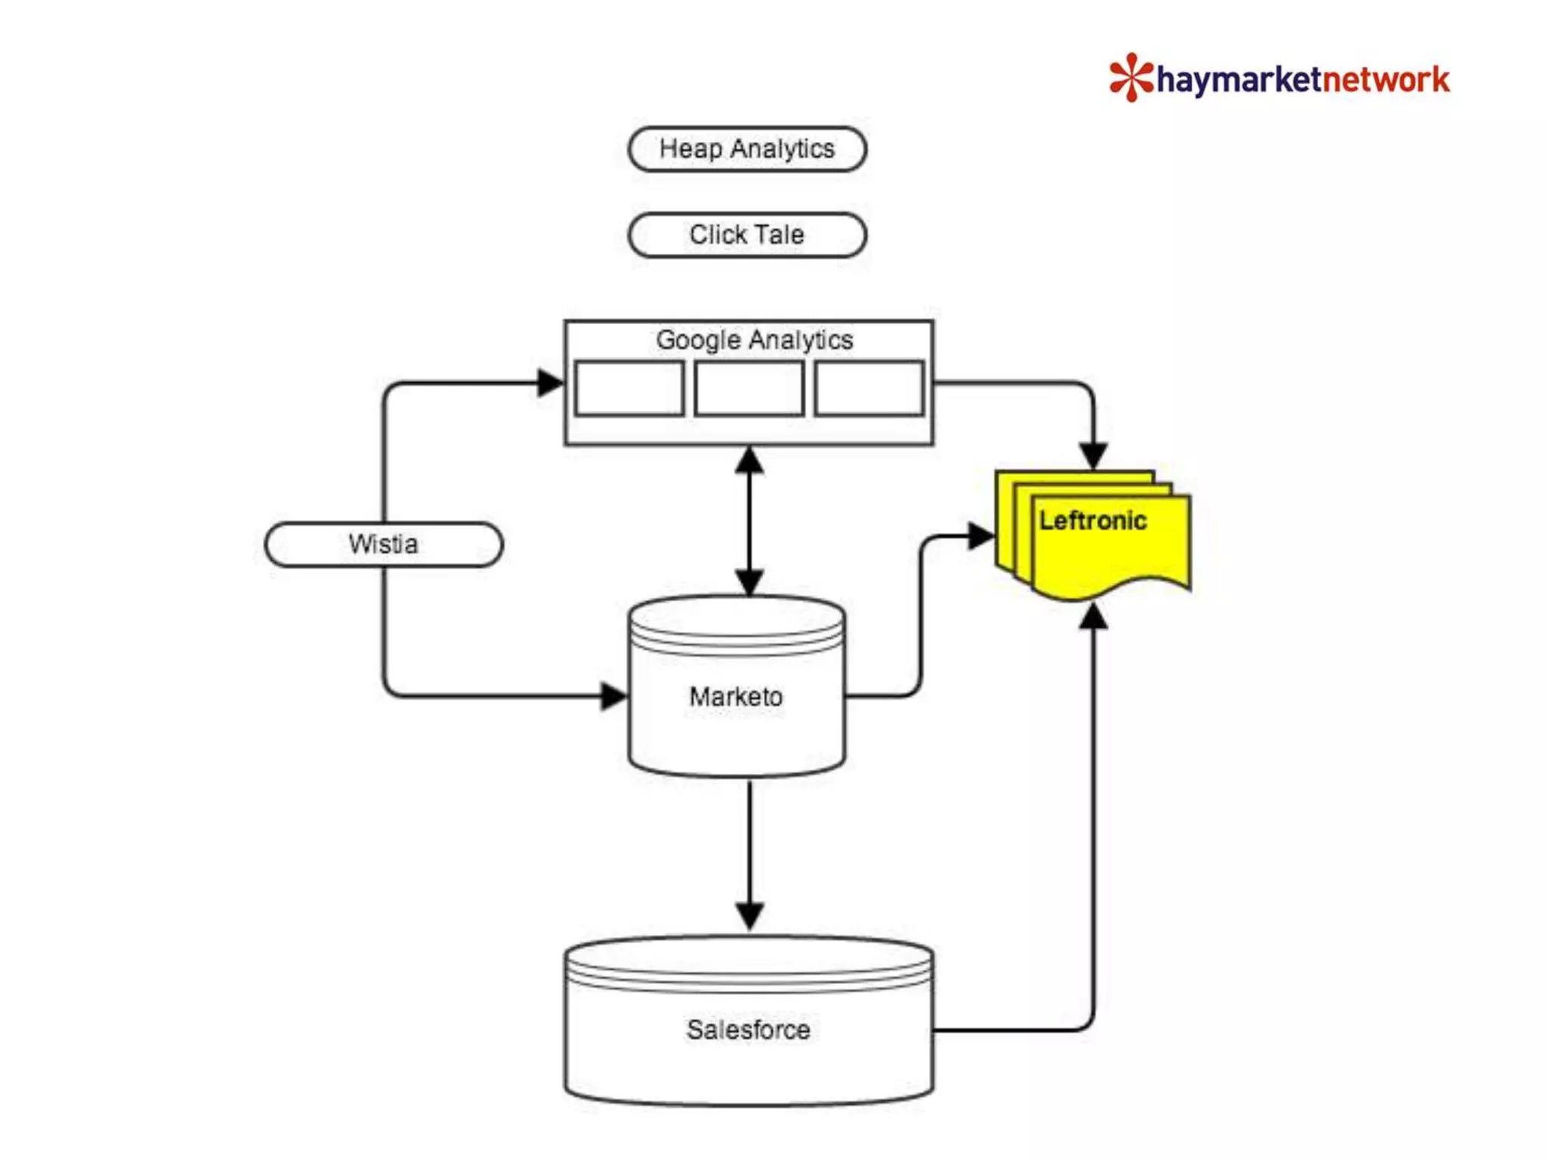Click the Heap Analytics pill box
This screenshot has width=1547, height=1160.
coord(746,149)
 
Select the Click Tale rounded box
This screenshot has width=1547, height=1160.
coord(746,235)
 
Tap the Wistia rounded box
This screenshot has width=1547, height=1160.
coord(383,544)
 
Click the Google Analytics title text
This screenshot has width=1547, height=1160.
coord(754,340)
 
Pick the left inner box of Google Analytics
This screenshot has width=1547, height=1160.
coord(629,388)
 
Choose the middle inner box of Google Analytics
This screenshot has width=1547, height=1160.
coord(749,388)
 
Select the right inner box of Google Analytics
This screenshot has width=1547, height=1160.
coord(869,388)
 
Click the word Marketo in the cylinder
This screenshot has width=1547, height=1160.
coord(736,696)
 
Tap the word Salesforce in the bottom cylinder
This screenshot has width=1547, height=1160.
coord(748,1029)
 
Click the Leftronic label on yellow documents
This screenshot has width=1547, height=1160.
coord(1092,520)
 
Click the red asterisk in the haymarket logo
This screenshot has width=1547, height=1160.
coord(1131,78)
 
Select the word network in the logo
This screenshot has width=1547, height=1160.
coord(1385,80)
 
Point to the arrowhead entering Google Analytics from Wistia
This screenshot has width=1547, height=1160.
coord(550,383)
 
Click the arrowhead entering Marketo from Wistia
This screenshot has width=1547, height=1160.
coord(613,696)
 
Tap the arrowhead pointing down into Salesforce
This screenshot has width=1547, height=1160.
coord(749,916)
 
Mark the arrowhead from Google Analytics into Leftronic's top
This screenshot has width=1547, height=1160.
coord(1093,455)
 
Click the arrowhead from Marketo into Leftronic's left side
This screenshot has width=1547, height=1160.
coord(980,536)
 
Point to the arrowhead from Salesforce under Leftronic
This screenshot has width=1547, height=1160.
coord(1093,617)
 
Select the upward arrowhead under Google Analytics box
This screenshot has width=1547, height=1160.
coord(749,461)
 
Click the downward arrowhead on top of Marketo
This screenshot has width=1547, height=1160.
coord(749,582)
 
